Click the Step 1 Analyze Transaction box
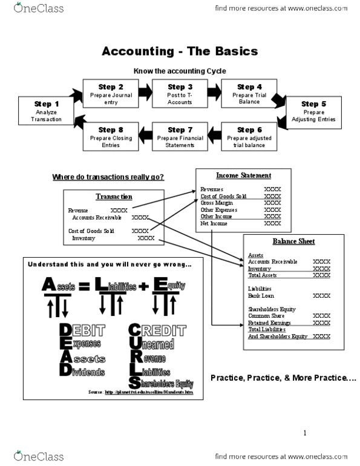(x=47, y=111)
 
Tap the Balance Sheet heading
(x=293, y=241)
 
